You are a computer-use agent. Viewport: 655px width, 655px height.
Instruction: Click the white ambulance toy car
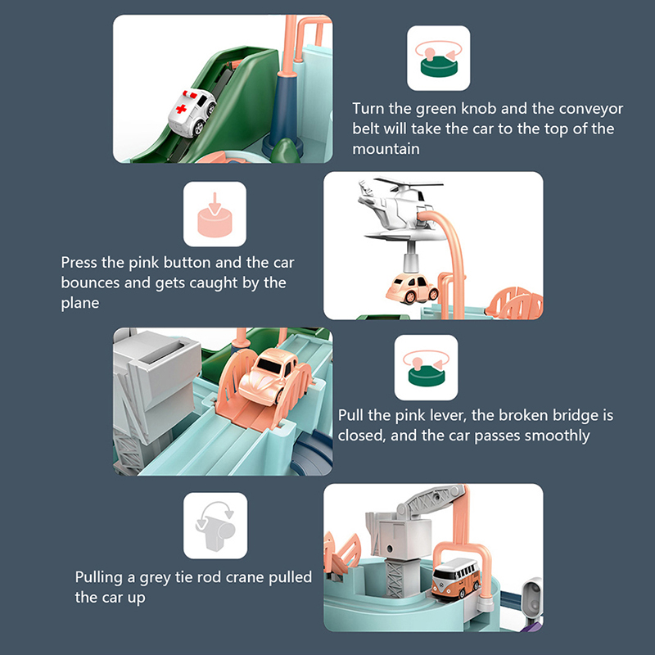pyautogui.click(x=192, y=113)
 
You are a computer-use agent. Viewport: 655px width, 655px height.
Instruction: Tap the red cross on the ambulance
pyautogui.click(x=181, y=109)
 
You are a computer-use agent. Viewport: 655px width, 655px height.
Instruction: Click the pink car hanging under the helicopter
pyautogui.click(x=412, y=288)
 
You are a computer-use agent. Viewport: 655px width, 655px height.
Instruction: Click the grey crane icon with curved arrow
pyautogui.click(x=215, y=525)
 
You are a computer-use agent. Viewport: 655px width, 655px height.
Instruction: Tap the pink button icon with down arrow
pyautogui.click(x=215, y=215)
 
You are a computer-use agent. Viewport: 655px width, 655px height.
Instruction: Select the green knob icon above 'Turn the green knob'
pyautogui.click(x=439, y=58)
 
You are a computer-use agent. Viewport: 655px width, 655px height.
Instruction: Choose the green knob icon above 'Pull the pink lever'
pyautogui.click(x=426, y=368)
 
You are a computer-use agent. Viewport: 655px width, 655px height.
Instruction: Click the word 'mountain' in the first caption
pyautogui.click(x=386, y=149)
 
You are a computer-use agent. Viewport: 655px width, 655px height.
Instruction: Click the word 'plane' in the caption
pyautogui.click(x=80, y=303)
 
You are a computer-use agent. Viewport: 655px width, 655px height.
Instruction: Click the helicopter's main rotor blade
pyautogui.click(x=408, y=182)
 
